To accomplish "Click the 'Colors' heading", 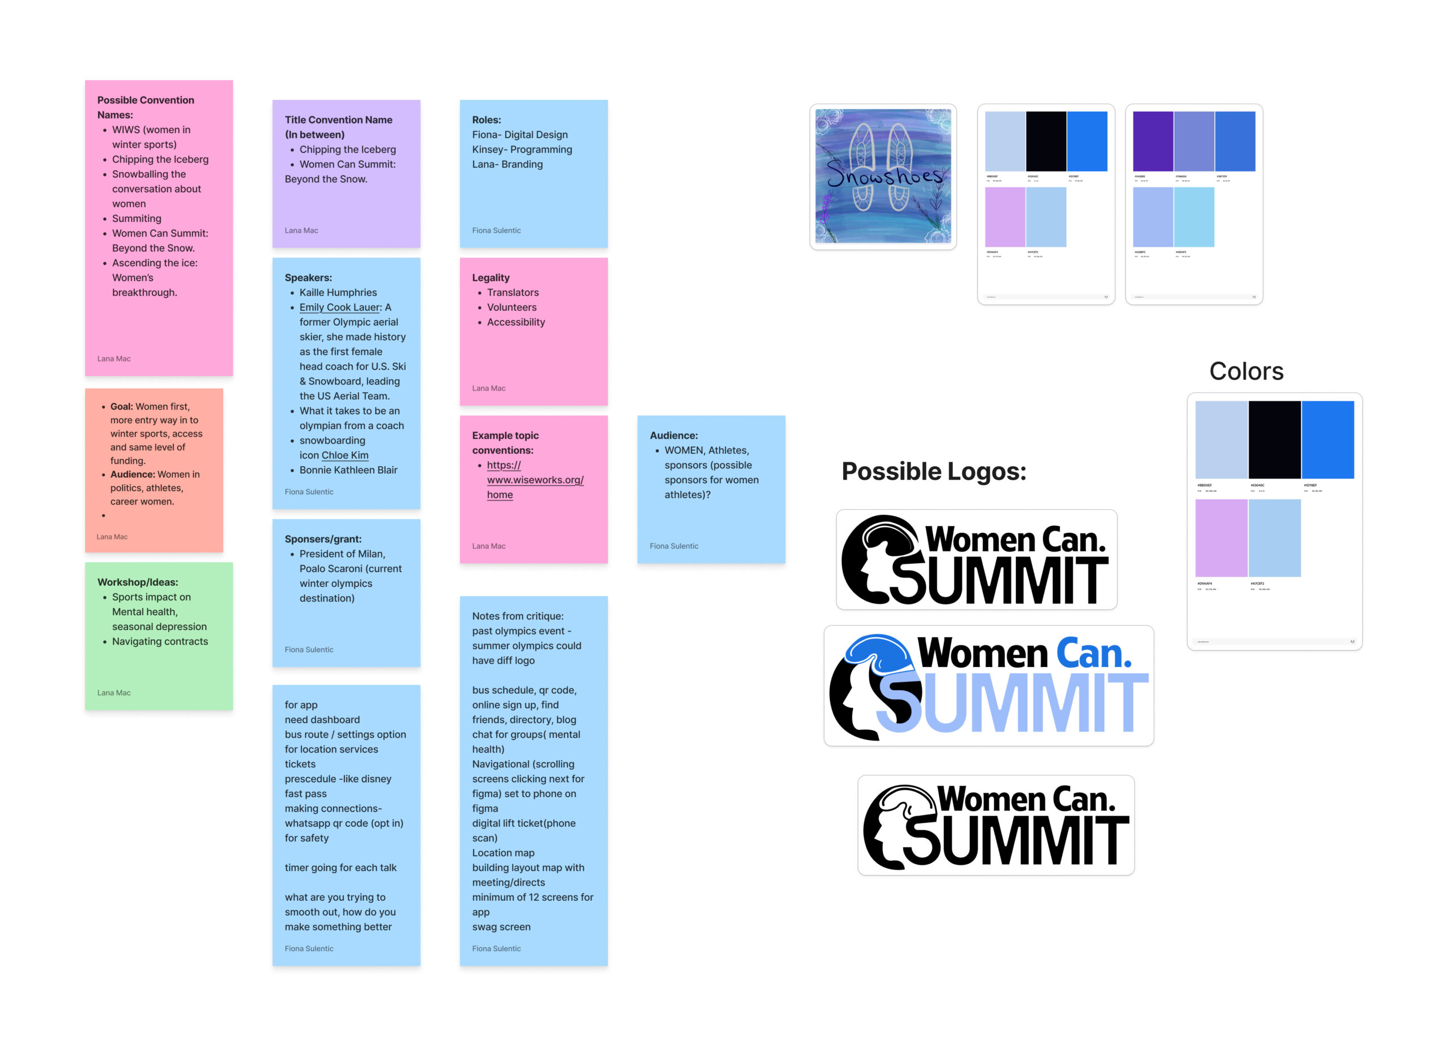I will [1246, 371].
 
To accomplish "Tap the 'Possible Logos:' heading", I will [933, 471].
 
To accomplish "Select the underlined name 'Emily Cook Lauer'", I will [340, 308].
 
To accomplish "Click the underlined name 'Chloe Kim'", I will [344, 455].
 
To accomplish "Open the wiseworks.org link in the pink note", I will [535, 480].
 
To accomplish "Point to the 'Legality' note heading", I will [490, 278].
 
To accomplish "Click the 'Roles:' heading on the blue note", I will [487, 120].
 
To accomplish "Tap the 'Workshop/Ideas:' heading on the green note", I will [137, 582].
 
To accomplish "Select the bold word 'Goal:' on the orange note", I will [121, 406].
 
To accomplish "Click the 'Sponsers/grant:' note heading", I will [323, 539].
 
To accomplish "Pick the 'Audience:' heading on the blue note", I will [673, 435].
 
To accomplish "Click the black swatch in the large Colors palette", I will [1274, 439].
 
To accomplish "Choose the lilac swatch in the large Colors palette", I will [1221, 537].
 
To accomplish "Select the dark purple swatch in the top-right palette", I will [1152, 141].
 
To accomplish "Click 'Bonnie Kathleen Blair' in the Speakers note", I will [348, 470].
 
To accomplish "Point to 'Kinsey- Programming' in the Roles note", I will [522, 150].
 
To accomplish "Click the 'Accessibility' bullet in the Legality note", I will [516, 322].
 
